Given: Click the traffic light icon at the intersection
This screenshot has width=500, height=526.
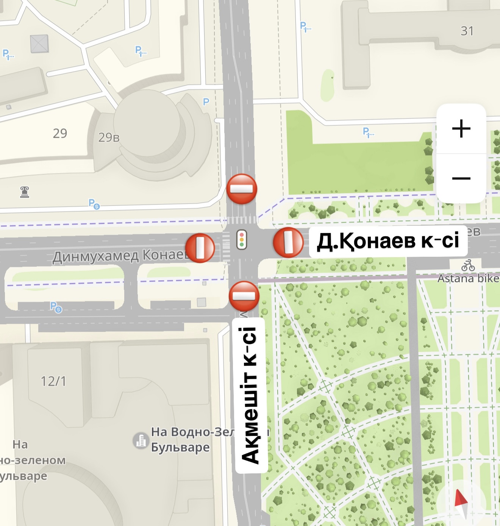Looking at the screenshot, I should tap(242, 240).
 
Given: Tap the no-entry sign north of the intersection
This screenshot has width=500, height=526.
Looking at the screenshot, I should tap(242, 189).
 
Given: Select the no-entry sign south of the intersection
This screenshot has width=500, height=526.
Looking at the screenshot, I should tap(244, 296).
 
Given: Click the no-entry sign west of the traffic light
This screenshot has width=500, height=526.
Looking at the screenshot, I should tap(200, 248).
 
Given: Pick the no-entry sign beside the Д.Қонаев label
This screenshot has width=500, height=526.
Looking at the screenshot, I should tap(288, 242).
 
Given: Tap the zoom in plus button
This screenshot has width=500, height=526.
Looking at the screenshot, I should tap(461, 129).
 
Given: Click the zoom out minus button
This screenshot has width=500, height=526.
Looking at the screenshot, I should tap(461, 178).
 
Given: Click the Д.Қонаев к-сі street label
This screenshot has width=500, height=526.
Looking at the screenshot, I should tap(388, 241).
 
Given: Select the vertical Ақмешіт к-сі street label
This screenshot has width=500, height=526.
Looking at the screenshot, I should tap(251, 395).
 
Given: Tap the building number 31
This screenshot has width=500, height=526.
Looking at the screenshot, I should tap(467, 31).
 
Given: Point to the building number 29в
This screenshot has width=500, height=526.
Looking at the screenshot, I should tap(109, 137).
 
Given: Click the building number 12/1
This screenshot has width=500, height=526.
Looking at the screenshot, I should tap(53, 381).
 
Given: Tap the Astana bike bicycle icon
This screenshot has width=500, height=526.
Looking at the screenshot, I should tap(468, 265).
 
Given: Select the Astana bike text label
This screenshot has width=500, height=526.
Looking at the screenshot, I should tap(468, 279).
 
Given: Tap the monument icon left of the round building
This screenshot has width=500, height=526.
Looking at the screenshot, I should tap(25, 192).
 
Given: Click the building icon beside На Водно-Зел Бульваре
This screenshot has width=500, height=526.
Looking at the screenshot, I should tap(141, 440).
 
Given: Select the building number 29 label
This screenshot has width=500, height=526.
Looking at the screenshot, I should tap(60, 133).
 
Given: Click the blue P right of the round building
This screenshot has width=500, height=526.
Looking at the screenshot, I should tap(206, 101).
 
